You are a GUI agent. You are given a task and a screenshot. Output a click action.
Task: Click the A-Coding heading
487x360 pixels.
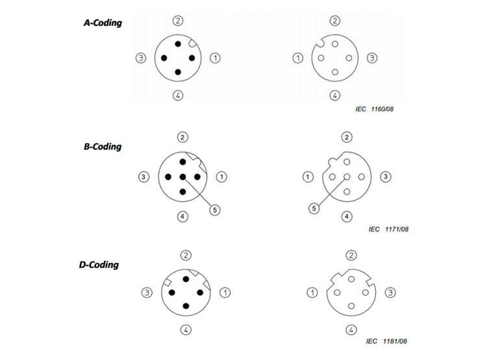pos(103,23)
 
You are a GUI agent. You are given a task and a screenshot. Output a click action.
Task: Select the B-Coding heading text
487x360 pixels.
pos(103,147)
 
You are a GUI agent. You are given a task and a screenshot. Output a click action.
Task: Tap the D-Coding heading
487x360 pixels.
pos(99,265)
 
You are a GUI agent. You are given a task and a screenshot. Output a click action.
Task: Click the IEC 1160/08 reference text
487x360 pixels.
pos(375,109)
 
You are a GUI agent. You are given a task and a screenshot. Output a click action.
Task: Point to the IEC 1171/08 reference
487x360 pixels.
pos(388,229)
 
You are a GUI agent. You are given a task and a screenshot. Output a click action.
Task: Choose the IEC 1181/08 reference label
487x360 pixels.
pos(386,341)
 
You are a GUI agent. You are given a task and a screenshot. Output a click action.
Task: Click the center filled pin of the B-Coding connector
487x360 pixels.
pos(182,177)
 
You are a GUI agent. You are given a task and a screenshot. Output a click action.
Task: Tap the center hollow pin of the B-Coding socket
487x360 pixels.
pos(347,177)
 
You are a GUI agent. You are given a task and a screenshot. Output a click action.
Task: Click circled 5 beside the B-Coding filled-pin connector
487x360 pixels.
pos(215,210)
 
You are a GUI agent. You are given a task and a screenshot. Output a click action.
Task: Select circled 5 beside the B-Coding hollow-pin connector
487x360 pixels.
pos(314,209)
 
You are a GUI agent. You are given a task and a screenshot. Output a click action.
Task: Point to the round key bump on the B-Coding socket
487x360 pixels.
pos(332,161)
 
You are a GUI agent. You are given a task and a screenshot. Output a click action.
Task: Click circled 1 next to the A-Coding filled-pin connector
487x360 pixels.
pos(215,58)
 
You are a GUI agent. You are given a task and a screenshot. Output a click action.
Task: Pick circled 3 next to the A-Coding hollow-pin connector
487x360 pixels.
pos(372,58)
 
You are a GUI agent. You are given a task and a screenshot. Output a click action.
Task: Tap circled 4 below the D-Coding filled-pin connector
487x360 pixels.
pos(186,330)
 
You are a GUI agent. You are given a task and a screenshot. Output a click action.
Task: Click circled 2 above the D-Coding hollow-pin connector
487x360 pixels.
pos(351,255)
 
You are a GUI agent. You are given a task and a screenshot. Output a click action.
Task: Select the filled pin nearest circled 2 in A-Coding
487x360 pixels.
pos(178,44)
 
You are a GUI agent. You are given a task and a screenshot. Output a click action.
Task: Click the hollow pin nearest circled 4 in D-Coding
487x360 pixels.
pos(351,306)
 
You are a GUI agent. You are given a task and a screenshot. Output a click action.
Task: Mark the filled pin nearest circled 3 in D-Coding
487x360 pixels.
pos(172,292)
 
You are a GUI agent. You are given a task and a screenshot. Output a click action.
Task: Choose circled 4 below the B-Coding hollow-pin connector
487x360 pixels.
pos(347,216)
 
